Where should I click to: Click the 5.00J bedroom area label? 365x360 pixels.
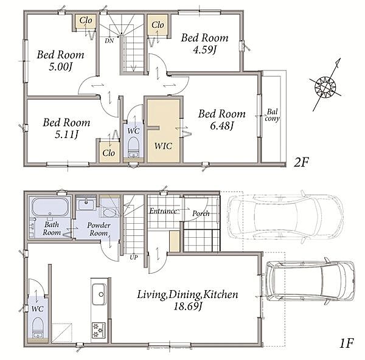(x=60, y=67)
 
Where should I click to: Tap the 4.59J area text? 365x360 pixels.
(x=205, y=49)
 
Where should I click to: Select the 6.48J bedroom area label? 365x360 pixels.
(x=222, y=126)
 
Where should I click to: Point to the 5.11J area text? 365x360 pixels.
(x=66, y=134)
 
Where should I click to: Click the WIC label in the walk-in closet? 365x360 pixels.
(x=164, y=146)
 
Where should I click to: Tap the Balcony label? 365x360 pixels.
(x=272, y=115)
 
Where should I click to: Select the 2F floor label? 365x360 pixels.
(x=301, y=162)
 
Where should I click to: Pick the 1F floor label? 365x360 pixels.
(x=346, y=343)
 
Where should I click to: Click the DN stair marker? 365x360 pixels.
(x=109, y=41)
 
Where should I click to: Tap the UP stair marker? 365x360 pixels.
(x=134, y=257)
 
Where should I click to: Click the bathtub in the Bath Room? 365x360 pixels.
(x=50, y=207)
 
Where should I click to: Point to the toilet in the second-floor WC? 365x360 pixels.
(x=134, y=147)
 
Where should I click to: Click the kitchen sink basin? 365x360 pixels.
(x=99, y=294)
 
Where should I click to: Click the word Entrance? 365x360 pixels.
(x=163, y=211)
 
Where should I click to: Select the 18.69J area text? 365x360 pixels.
(x=187, y=306)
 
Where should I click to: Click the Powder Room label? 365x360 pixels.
(x=99, y=229)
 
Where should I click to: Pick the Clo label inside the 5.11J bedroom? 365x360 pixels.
(x=108, y=153)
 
